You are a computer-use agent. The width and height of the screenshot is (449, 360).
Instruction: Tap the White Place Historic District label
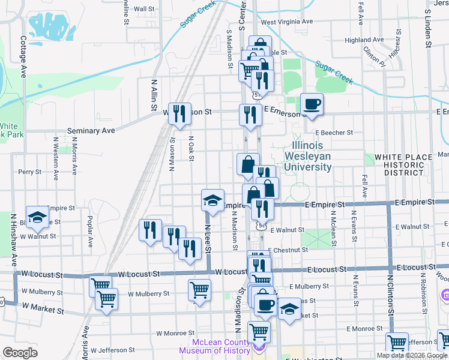[403, 165]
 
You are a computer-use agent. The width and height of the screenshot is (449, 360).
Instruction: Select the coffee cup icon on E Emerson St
[312, 104]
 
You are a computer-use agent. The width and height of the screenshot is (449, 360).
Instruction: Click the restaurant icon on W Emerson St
[179, 113]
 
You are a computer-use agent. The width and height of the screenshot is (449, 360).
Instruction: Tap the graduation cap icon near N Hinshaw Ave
[37, 218]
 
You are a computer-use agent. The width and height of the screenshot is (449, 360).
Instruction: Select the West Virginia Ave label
[287, 22]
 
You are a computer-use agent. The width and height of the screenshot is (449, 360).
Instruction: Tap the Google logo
[20, 353]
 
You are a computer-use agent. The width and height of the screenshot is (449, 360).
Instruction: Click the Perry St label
[29, 172]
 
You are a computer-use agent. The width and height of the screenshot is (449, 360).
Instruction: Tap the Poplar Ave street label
[89, 232]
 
